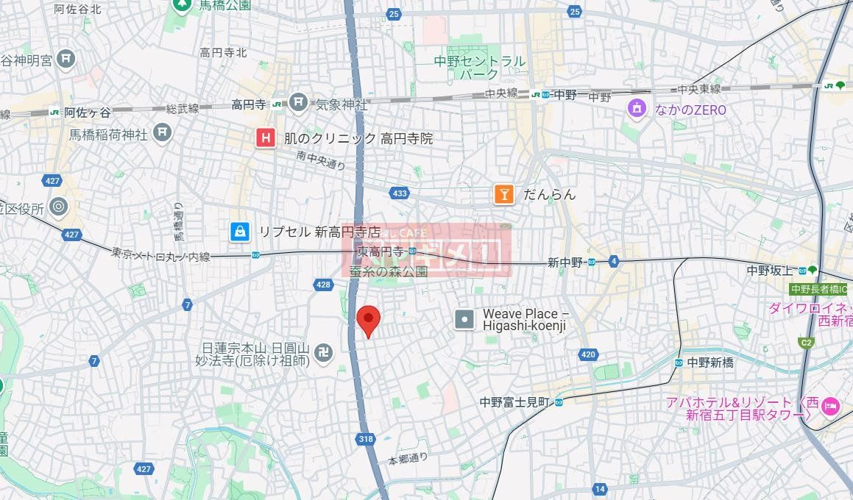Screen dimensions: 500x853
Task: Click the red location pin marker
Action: point(368,319)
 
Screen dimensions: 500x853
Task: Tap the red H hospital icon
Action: point(265,138)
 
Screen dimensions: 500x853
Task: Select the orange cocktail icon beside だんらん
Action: point(504,194)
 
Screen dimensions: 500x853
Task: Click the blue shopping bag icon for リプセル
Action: point(239,232)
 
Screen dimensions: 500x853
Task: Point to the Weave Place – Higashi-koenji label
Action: point(525,320)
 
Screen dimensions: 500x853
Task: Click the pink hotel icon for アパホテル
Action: point(830,405)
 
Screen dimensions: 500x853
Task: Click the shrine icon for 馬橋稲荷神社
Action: point(163,133)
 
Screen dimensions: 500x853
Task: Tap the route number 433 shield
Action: point(400,193)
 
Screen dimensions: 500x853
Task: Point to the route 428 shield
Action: point(322,284)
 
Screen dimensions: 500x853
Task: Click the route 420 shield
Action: point(587,354)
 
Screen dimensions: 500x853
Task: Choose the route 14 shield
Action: point(600,489)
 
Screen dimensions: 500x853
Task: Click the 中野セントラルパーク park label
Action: point(480,68)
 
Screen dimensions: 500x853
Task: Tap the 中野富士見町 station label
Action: point(515,401)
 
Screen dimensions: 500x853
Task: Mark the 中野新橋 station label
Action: point(710,362)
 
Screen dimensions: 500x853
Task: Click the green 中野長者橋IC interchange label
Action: point(818,289)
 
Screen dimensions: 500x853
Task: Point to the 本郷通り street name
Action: point(408,458)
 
